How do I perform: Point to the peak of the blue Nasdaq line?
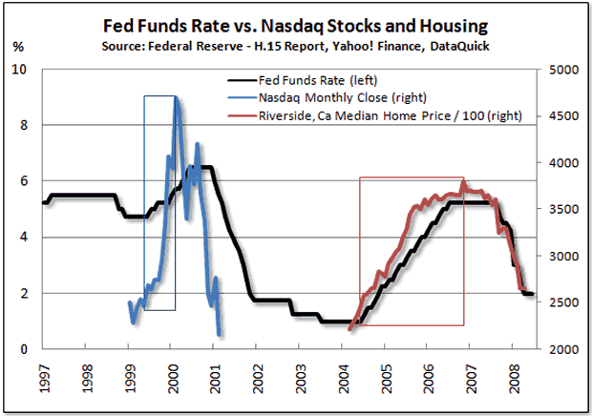pyautogui.click(x=177, y=97)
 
